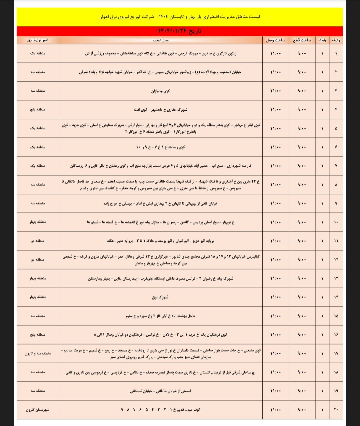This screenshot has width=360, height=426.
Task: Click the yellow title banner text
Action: pyautogui.click(x=180, y=17)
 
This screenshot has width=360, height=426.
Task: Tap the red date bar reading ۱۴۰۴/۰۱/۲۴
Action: pyautogui.click(x=180, y=31)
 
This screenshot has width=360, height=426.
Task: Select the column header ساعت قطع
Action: pyautogui.click(x=302, y=40)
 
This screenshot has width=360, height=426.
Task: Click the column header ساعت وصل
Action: pyautogui.click(x=276, y=40)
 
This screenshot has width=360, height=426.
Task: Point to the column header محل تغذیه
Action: pyautogui.click(x=161, y=40)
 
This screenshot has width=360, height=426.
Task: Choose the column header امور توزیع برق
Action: pyautogui.click(x=38, y=40)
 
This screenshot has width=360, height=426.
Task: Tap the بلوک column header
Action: pyautogui.click(x=322, y=40)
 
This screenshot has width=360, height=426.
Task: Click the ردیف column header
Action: pyautogui.click(x=336, y=40)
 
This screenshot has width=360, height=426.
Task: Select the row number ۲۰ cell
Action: pyautogui.click(x=336, y=410)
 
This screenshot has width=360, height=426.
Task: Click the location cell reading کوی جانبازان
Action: pyautogui.click(x=161, y=91)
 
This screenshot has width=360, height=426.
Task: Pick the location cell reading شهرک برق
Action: pyautogui.click(x=160, y=297)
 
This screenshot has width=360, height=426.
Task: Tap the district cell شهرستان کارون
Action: pyautogui.click(x=38, y=410)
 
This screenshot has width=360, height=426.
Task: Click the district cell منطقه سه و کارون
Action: pyautogui.click(x=38, y=353)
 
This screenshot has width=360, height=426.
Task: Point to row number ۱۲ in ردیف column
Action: pyautogui.click(x=336, y=260)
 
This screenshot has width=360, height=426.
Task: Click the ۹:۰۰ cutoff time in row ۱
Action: pyautogui.click(x=302, y=53)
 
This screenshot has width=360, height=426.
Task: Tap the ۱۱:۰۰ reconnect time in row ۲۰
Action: pyautogui.click(x=276, y=410)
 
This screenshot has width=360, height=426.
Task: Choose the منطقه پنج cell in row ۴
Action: pyautogui.click(x=38, y=109)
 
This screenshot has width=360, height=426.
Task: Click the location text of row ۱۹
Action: pyautogui.click(x=161, y=391)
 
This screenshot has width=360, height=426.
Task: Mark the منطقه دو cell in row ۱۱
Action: pyautogui.click(x=38, y=241)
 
